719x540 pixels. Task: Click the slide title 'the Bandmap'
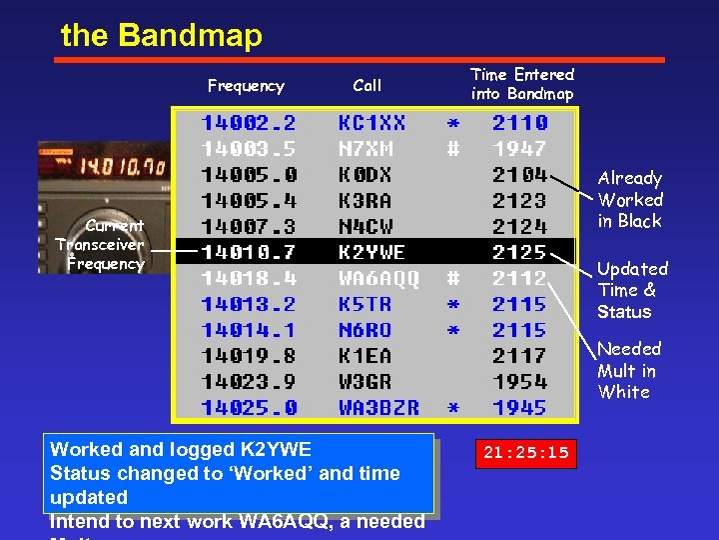161,36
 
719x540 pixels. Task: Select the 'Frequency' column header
246,86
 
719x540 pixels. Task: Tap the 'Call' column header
367,86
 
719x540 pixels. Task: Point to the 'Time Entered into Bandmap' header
522,84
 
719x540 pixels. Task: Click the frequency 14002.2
249,123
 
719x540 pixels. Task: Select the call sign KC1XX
371,123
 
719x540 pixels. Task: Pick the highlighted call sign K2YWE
371,253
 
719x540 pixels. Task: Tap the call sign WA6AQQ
378,278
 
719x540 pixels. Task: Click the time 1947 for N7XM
519,149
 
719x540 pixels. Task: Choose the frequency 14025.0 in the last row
249,408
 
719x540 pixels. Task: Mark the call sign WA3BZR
378,408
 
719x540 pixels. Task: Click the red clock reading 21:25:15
525,453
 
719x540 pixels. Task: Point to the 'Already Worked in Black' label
630,199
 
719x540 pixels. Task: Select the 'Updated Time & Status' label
632,290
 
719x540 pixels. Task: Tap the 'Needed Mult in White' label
629,370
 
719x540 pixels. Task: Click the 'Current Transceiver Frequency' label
100,245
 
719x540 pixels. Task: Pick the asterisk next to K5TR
453,304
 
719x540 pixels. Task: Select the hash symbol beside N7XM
453,149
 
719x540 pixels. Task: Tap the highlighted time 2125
519,253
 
